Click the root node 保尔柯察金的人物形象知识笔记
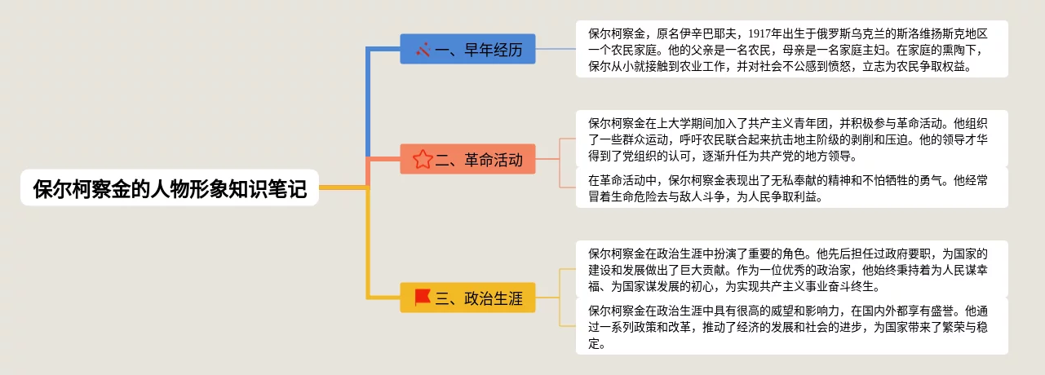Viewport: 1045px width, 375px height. coord(170,188)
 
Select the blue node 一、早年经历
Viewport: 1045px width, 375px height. coord(467,49)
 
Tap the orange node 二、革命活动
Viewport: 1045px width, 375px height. coord(467,159)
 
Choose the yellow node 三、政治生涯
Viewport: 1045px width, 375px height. coord(467,298)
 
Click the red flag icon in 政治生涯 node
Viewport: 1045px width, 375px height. coord(423,297)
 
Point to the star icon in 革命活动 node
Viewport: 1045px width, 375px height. coord(423,160)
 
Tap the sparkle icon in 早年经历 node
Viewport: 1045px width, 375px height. coord(423,50)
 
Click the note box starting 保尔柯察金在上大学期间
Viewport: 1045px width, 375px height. coord(791,139)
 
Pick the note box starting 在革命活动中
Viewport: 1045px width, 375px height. coord(791,187)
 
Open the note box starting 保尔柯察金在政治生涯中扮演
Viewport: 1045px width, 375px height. coord(791,269)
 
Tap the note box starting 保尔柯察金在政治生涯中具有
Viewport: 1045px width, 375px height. coord(791,326)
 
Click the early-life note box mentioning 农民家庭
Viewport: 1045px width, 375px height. coord(791,49)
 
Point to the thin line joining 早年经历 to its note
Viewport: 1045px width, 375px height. coord(556,49)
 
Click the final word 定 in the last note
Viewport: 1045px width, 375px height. coord(594,344)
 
